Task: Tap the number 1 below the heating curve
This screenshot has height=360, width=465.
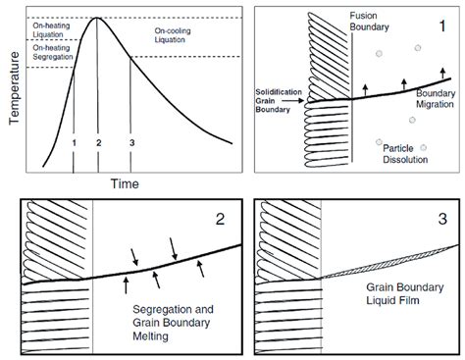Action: tap(74, 142)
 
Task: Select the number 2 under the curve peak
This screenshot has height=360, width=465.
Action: tap(99, 142)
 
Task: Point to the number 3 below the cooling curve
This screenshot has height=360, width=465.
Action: tap(130, 142)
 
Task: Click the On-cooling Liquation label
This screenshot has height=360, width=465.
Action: tap(179, 37)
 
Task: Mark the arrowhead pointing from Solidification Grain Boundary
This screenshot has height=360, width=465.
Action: tap(305, 99)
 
